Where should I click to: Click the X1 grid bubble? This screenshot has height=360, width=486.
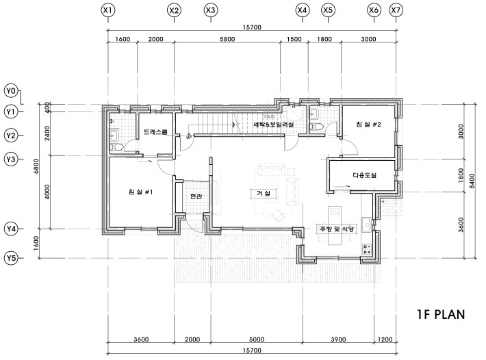(107, 10)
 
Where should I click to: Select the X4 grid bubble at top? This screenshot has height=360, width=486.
(302, 10)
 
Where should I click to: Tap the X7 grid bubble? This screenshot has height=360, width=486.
(396, 10)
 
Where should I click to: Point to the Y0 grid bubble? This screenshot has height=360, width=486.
(11, 90)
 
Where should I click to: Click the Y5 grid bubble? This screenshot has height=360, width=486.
(11, 258)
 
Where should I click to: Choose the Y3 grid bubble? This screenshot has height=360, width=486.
(11, 159)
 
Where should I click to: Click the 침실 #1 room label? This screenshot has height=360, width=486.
(140, 192)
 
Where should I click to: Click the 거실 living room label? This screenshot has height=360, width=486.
(264, 194)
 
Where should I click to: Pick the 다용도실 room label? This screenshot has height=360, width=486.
(364, 175)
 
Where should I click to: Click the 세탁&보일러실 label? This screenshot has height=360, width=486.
(273, 125)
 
